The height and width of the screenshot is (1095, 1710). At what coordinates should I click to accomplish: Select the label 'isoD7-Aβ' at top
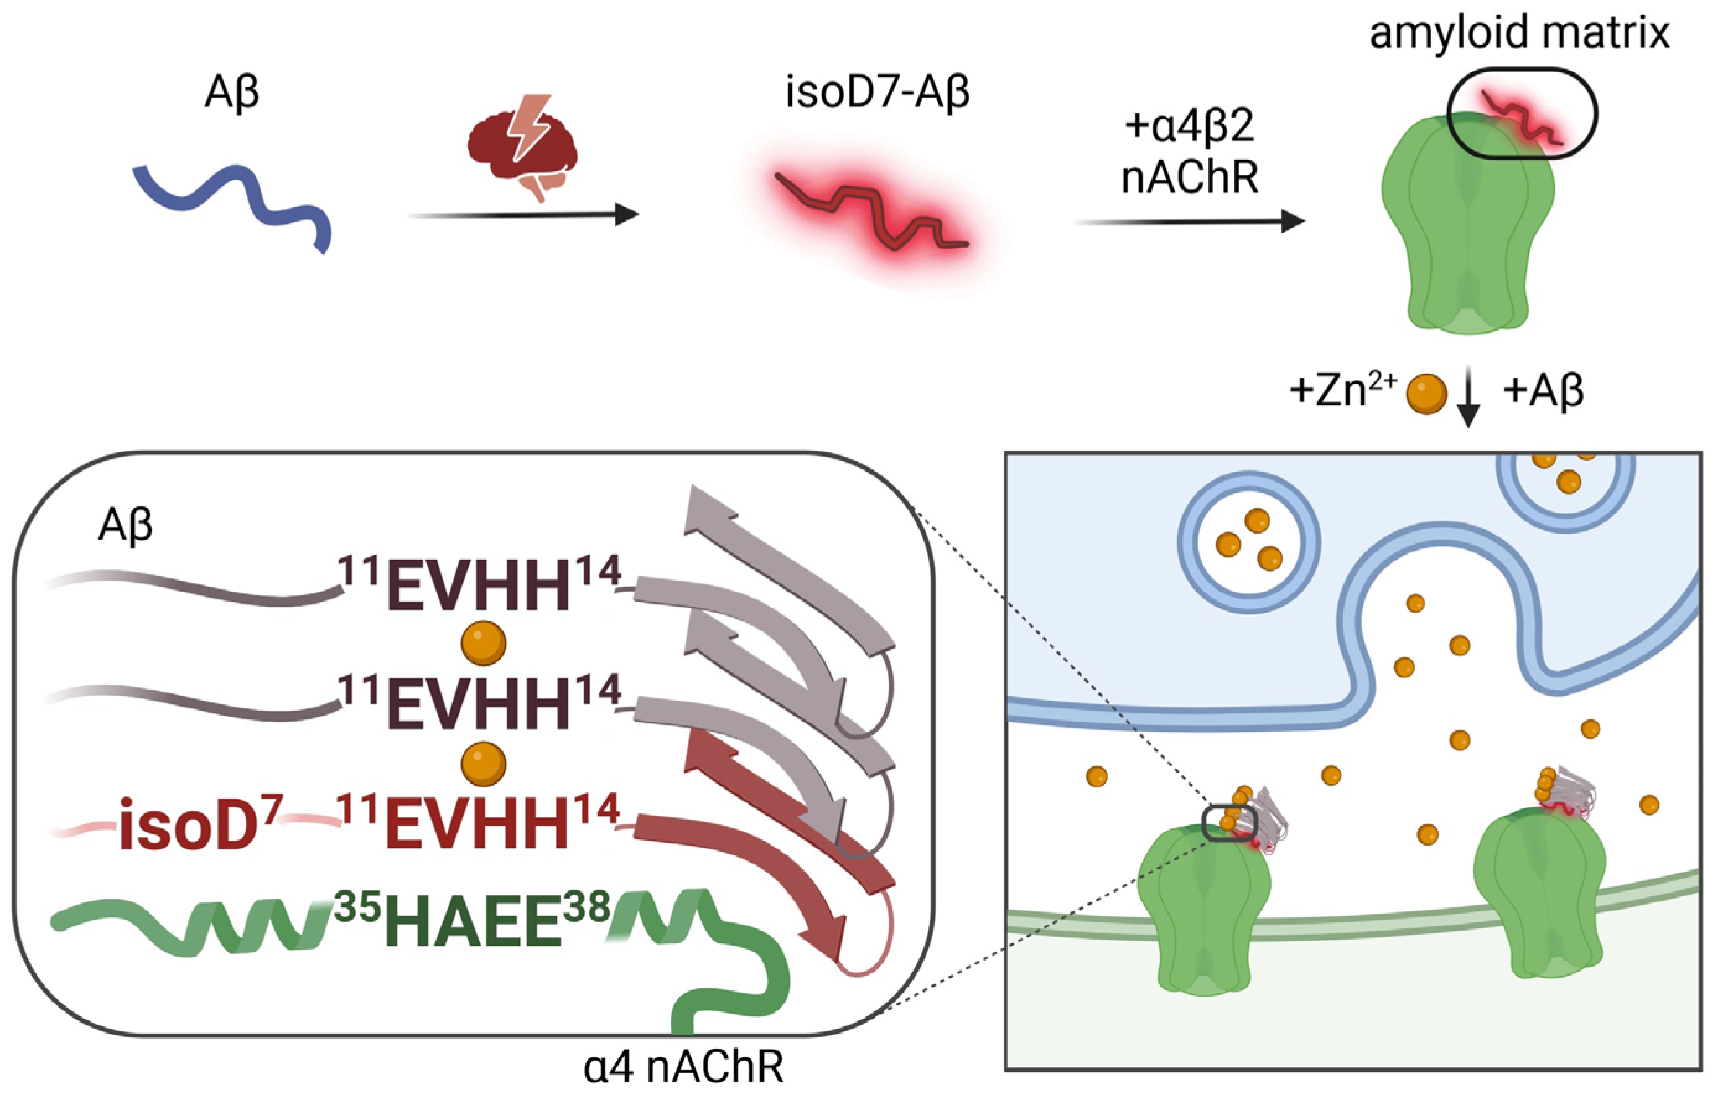[x=876, y=93]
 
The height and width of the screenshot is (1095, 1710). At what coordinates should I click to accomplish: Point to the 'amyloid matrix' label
[x=1519, y=32]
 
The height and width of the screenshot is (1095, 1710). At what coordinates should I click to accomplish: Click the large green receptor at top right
[x=1467, y=235]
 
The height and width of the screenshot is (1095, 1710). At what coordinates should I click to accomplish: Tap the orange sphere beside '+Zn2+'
[x=1426, y=393]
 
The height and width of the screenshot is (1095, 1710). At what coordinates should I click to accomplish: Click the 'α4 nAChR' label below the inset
[x=683, y=1067]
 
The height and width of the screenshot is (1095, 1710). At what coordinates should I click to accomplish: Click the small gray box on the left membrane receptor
[x=1230, y=823]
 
